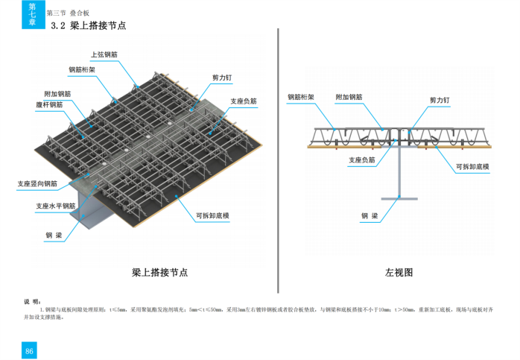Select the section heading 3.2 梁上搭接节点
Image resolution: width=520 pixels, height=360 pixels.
tap(87, 25)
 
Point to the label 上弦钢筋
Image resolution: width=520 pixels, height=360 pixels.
tap(104, 54)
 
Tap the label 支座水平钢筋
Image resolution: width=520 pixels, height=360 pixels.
tap(56, 206)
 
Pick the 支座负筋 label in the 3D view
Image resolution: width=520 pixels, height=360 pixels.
tap(243, 101)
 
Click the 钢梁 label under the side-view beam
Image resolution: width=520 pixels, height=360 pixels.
tap(370, 216)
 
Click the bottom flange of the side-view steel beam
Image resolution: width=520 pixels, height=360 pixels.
tap(400, 198)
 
